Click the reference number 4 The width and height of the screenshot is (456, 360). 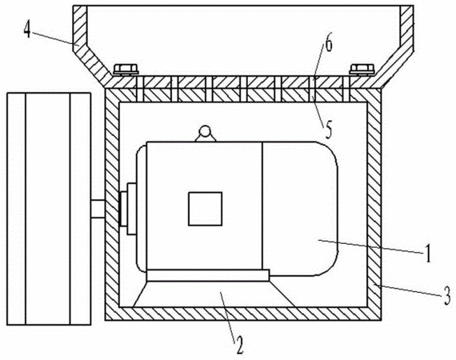coord(27,30)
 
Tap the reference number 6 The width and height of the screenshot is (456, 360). coord(328,42)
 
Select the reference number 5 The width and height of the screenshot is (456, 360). coord(328,129)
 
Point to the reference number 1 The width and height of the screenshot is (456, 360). coord(428,254)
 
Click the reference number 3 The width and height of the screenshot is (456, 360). coord(447,295)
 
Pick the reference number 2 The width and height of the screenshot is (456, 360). coord(239,345)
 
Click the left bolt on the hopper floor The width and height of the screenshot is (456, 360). coord(126,70)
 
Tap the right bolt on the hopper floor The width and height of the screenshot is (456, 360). coord(362,70)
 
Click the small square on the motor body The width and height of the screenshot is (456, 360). coord(206,209)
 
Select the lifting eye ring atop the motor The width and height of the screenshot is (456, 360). coord(206,131)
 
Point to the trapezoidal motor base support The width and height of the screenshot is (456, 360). coord(214,294)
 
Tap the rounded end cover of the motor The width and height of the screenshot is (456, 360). coord(299,208)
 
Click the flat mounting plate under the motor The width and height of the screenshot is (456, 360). coord(208,275)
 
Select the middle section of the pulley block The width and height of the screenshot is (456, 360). coord(48,209)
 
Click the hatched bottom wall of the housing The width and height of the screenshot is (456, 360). coord(243,314)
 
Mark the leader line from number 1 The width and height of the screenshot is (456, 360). coord(370,246)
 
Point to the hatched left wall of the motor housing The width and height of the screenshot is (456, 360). coord(112,205)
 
